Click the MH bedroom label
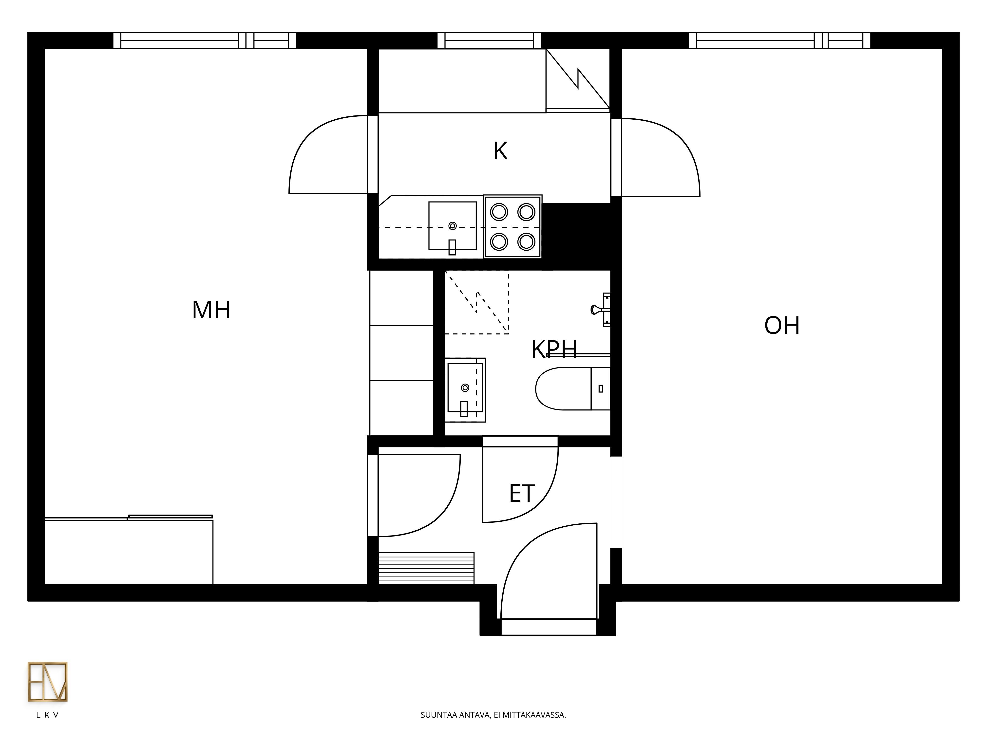(x=211, y=310)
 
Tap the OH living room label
(x=782, y=326)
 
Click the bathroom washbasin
(x=465, y=389)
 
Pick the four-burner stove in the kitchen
(x=513, y=227)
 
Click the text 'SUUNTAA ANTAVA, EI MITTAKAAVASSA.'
(x=493, y=715)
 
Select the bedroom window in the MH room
(x=204, y=40)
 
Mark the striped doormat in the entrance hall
(x=426, y=568)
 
